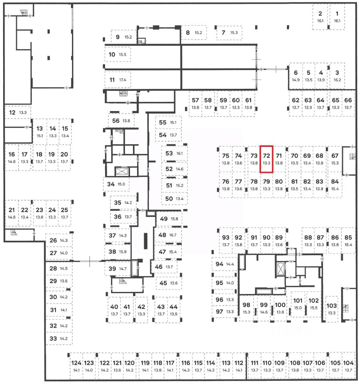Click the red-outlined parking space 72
[x=267, y=159]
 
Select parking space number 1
[x=337, y=16]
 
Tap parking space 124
[x=76, y=366]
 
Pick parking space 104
[x=348, y=366]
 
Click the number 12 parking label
[x=12, y=112]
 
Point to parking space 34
[x=116, y=184]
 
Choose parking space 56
[x=120, y=120]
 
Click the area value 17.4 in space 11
[x=123, y=80]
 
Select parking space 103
[x=332, y=308]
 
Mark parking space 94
[x=224, y=264]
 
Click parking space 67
[x=335, y=159]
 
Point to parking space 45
[x=168, y=283]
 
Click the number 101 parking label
[x=298, y=300]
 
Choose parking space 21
[x=12, y=213]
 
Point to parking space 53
[x=174, y=153]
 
